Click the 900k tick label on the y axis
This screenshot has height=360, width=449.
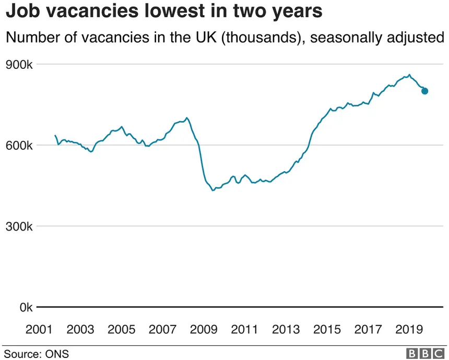click(19, 65)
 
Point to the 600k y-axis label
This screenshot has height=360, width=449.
click(19, 146)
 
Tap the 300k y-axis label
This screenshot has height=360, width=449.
click(19, 226)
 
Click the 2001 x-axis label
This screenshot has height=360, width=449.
click(39, 330)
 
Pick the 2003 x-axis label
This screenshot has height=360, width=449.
click(80, 330)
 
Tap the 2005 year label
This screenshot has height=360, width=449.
click(122, 330)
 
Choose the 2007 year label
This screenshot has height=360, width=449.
click(163, 330)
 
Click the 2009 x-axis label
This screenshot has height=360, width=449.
click(204, 330)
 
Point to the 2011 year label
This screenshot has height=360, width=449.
click(245, 330)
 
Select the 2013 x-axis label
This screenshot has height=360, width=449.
click(286, 330)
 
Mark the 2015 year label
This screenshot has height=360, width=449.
click(327, 330)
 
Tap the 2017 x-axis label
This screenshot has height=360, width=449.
click(369, 330)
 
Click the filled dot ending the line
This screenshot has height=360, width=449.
click(424, 91)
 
